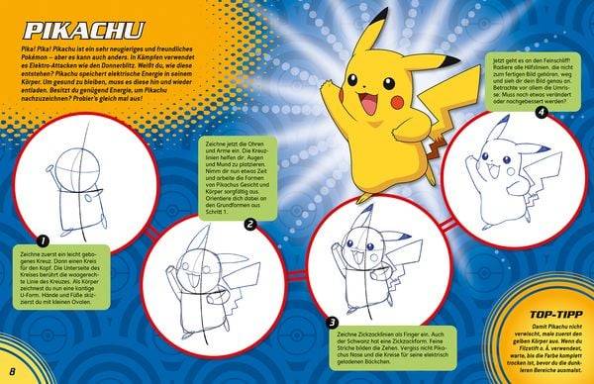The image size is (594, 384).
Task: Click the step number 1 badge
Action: pyautogui.click(x=43, y=239)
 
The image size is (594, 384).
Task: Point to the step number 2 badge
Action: pyautogui.click(x=250, y=225)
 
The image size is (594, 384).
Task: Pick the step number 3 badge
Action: pyautogui.click(x=333, y=322)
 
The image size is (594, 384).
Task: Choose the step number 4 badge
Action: pyautogui.click(x=542, y=113)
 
